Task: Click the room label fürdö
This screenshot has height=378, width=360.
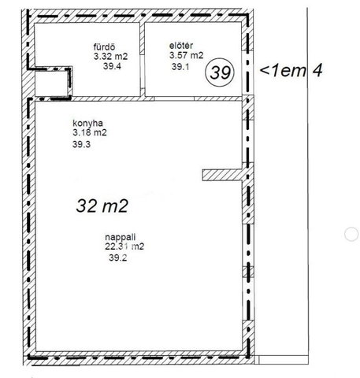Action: tap(104, 46)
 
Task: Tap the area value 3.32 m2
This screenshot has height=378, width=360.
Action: tap(110, 56)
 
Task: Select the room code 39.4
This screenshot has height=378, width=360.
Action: tap(112, 66)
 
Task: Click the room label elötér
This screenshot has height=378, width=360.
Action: tap(181, 46)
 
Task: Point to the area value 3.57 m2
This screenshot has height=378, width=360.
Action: tap(187, 55)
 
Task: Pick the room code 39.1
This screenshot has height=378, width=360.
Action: tap(180, 67)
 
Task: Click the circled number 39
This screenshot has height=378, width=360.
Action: tap(220, 72)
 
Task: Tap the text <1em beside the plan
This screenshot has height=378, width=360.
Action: tap(283, 70)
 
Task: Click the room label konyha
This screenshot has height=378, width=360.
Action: tap(87, 123)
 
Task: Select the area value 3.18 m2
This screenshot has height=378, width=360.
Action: tap(90, 132)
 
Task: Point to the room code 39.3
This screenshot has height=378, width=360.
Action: tap(81, 144)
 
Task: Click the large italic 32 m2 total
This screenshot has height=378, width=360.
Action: tap(102, 206)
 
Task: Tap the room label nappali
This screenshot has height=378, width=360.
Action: tap(121, 237)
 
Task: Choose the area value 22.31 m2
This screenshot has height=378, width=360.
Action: tap(124, 246)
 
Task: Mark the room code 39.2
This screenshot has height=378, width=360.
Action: tap(118, 258)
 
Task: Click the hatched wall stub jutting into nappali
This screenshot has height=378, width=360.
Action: tap(222, 175)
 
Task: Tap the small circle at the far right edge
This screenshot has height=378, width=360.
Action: tap(351, 234)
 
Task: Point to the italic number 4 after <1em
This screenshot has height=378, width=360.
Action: tap(317, 70)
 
